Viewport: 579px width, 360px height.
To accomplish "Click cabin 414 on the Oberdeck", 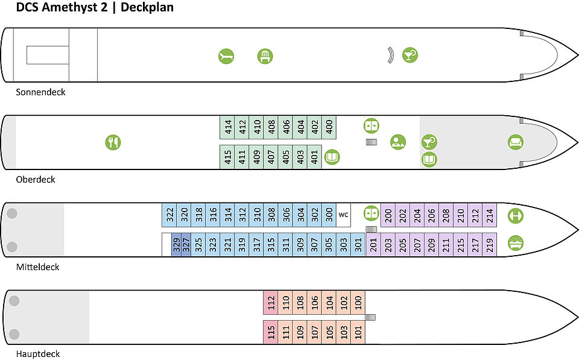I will (x=227, y=128).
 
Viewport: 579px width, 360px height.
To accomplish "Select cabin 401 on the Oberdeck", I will (x=314, y=157).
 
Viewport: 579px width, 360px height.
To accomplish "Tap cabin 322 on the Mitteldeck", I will (x=169, y=215).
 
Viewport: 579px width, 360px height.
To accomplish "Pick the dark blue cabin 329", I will (x=177, y=245).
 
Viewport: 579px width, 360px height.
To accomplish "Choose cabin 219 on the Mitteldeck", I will (x=490, y=245).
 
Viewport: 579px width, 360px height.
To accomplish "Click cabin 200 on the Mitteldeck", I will (x=388, y=215).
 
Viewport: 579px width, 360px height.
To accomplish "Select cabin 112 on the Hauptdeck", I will (x=271, y=302).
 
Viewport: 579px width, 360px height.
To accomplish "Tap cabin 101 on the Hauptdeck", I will (x=358, y=332).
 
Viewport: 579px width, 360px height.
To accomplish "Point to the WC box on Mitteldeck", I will (x=343, y=215).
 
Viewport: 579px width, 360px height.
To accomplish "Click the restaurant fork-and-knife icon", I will (x=113, y=142).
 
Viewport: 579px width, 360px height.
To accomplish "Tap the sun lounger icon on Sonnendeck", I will (x=226, y=57).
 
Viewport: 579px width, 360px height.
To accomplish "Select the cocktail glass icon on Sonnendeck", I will (x=410, y=55).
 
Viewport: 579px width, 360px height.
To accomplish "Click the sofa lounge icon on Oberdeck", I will (x=515, y=142).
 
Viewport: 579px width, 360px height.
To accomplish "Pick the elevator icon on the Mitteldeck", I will (x=372, y=213).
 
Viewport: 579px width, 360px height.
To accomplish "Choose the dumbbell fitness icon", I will (x=515, y=215).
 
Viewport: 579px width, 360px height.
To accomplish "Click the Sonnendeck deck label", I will (x=40, y=92).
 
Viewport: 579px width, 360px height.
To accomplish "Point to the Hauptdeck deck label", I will (x=38, y=354).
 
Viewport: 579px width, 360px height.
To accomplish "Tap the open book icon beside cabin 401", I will (x=332, y=157).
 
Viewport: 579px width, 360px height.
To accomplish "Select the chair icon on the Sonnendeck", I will (x=265, y=57).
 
